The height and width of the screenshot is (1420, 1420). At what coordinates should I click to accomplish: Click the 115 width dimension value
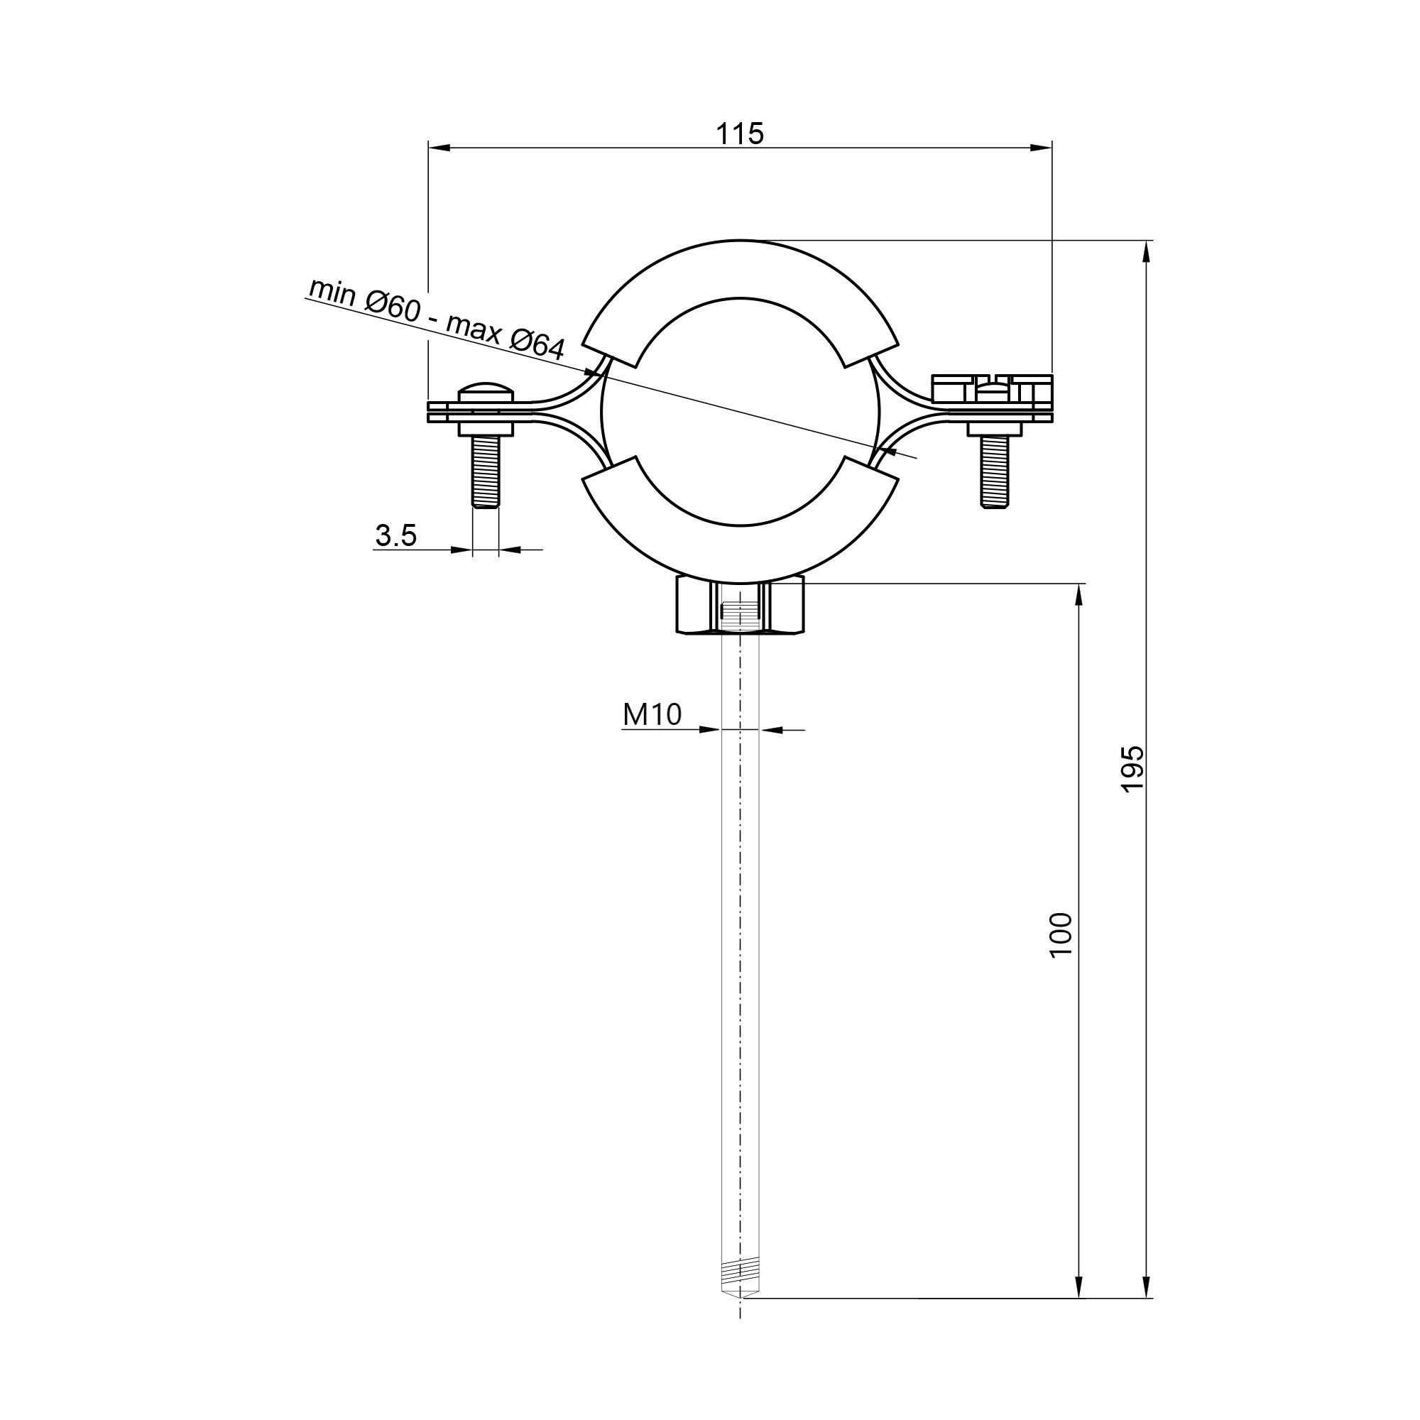(x=740, y=133)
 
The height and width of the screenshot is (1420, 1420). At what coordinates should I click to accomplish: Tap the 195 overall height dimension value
(x=1132, y=769)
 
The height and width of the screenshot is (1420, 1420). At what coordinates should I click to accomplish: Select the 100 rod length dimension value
(x=1061, y=934)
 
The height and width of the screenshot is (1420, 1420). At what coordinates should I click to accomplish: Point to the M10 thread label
(x=652, y=714)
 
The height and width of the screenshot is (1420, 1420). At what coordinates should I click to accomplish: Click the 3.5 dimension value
(x=395, y=535)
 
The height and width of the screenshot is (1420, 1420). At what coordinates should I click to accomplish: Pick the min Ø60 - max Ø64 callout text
(x=437, y=319)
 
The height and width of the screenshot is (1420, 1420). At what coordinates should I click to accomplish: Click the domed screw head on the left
(x=485, y=392)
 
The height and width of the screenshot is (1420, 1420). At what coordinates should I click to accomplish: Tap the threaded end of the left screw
(x=485, y=471)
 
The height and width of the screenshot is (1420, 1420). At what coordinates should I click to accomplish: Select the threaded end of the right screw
(x=995, y=471)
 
